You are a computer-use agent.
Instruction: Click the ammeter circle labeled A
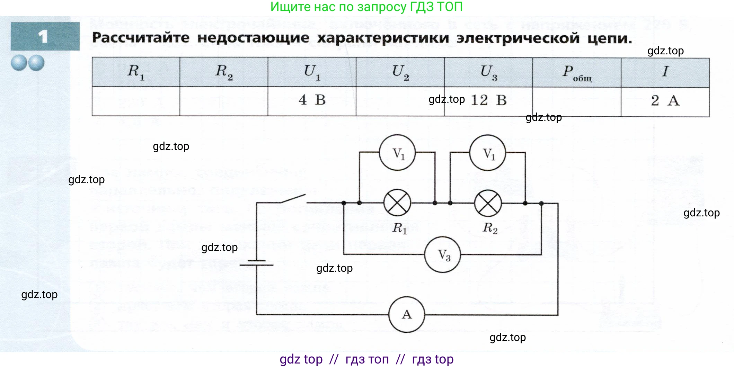click(x=407, y=314)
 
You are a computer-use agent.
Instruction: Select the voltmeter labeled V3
click(x=443, y=255)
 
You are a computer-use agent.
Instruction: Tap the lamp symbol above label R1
click(x=397, y=203)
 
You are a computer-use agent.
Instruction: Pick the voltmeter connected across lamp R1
click(x=397, y=153)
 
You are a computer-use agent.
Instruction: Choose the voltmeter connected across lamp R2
click(x=488, y=153)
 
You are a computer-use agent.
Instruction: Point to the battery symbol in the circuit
click(x=256, y=263)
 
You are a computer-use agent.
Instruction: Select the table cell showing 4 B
click(x=312, y=101)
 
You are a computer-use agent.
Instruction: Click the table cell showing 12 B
click(x=488, y=101)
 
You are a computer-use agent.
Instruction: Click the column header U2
click(x=400, y=72)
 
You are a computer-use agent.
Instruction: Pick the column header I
click(x=665, y=72)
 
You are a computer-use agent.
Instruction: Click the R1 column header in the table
click(x=136, y=72)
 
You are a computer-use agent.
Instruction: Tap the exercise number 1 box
click(x=45, y=36)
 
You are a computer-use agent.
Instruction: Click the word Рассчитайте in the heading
click(x=141, y=38)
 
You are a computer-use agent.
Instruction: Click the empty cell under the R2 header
click(x=224, y=101)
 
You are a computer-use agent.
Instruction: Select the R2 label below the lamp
click(x=490, y=228)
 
